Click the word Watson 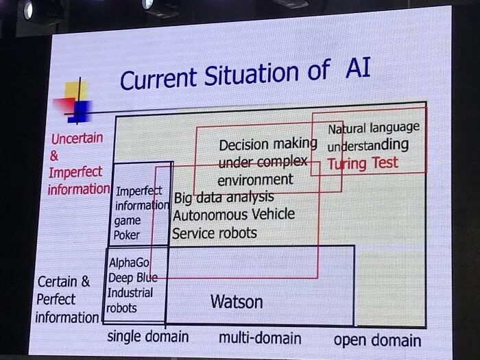[x=237, y=301]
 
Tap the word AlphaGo [x=129, y=263]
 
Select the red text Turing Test [x=362, y=163]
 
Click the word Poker [x=127, y=235]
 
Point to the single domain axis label [x=147, y=337]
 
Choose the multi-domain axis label [x=260, y=337]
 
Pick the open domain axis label [x=377, y=340]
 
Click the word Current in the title [x=158, y=79]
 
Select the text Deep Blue [x=132, y=278]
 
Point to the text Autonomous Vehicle [x=234, y=215]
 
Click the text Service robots [x=214, y=233]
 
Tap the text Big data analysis [x=224, y=198]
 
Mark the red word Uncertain [x=77, y=139]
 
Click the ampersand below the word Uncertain [x=55, y=155]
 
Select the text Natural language [x=373, y=128]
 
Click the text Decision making [x=267, y=145]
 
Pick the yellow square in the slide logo [x=73, y=92]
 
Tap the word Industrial [x=130, y=293]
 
